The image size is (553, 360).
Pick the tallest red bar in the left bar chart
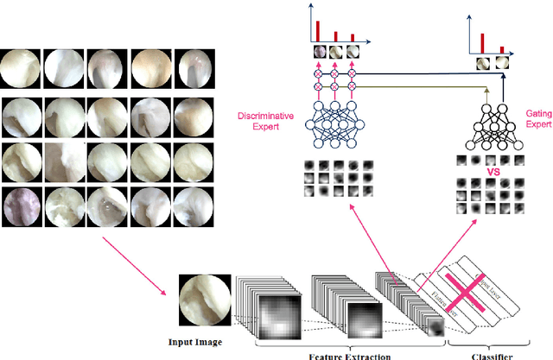pos(317,29)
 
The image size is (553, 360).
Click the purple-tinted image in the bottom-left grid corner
pos(18,207)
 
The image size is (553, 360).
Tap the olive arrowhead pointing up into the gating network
pos(489,88)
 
